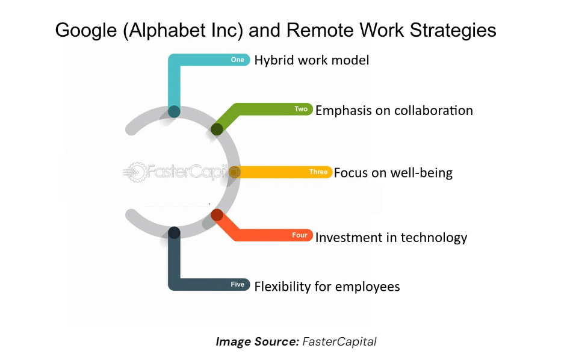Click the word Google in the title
[x=86, y=31]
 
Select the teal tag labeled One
[x=238, y=60]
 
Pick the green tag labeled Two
[x=301, y=109]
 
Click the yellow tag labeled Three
[x=318, y=172]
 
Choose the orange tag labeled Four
[x=299, y=235]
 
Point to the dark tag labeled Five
[x=238, y=284]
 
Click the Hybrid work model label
[x=312, y=60]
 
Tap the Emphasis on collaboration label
[x=394, y=110]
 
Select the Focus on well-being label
[x=393, y=173]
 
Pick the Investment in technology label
[x=391, y=238]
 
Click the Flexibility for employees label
[x=327, y=287]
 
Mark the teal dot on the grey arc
[x=175, y=111]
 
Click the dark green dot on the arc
[x=217, y=129]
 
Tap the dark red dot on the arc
[x=217, y=215]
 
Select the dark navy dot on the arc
[x=175, y=232]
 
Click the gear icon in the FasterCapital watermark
[x=135, y=172]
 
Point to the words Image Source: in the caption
[x=258, y=341]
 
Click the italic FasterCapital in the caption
[x=339, y=341]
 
